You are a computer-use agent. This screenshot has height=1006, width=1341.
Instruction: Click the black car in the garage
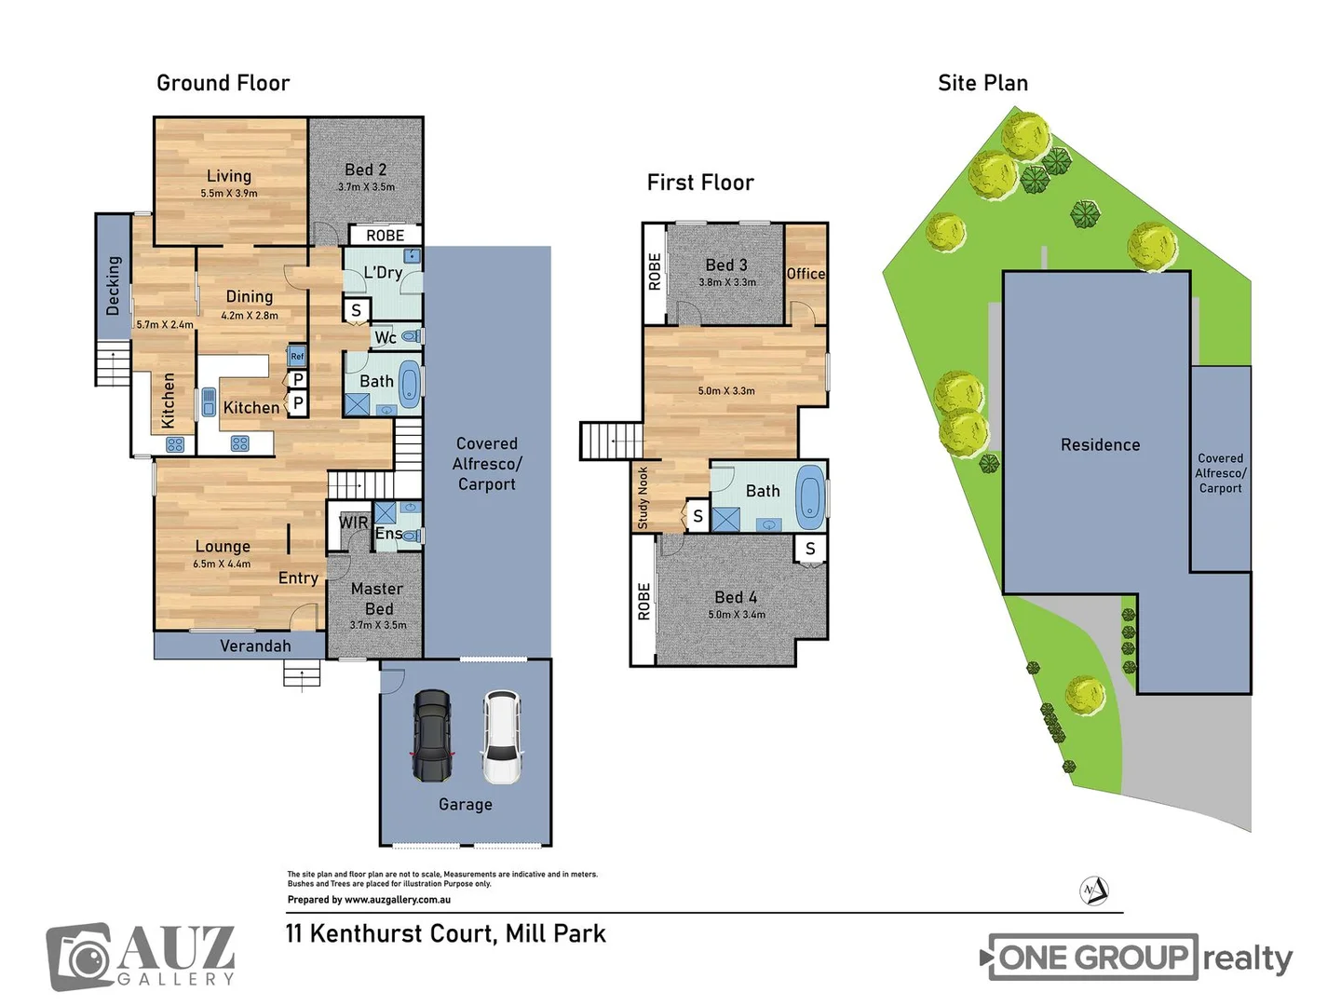click(x=432, y=736)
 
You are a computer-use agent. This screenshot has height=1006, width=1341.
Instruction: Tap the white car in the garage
click(x=501, y=737)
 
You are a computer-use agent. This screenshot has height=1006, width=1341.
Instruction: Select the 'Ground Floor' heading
click(x=223, y=83)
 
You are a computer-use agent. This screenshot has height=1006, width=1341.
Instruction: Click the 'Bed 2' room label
click(x=365, y=170)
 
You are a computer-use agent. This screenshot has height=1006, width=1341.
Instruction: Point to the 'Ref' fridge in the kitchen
click(x=297, y=356)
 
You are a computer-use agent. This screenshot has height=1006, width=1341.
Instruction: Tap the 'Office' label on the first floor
click(x=806, y=273)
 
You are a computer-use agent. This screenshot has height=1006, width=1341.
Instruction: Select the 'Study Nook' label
click(x=643, y=498)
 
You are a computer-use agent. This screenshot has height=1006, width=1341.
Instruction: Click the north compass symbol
click(x=1094, y=890)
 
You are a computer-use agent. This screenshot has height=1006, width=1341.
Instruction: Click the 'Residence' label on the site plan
click(x=1100, y=445)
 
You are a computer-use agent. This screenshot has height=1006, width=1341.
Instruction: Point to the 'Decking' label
click(x=114, y=286)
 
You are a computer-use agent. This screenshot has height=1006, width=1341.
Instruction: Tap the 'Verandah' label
click(x=255, y=646)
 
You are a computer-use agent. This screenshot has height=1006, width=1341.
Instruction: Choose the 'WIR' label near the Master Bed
click(x=353, y=523)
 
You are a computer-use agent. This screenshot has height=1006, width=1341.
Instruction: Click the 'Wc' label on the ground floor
click(x=386, y=337)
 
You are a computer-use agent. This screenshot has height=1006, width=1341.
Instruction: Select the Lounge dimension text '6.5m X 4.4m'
click(x=222, y=564)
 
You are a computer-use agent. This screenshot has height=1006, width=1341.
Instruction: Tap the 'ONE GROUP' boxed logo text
click(x=1092, y=957)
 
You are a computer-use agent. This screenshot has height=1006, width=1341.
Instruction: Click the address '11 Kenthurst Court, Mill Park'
click(x=446, y=933)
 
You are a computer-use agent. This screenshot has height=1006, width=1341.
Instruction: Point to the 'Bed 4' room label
click(x=736, y=597)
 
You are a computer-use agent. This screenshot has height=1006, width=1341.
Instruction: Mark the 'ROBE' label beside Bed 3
click(x=655, y=272)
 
